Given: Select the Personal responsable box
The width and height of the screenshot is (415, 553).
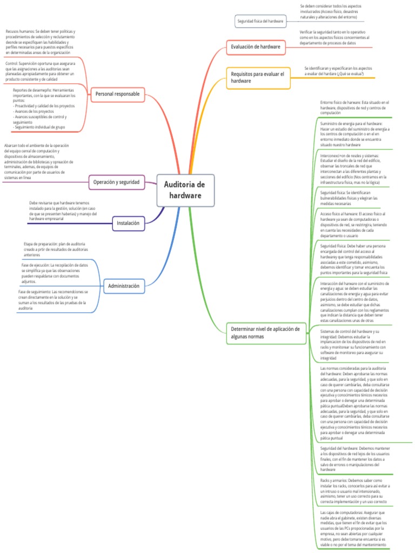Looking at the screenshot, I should pyautogui.click(x=117, y=94).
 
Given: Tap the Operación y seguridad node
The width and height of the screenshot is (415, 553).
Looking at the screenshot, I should pyautogui.click(x=116, y=182).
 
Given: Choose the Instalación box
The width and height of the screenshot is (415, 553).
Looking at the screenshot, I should pyautogui.click(x=128, y=222).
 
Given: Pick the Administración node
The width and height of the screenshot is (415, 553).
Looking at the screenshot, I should pyautogui.click(x=123, y=286).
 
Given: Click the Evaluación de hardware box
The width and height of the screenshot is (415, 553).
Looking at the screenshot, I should pyautogui.click(x=256, y=47).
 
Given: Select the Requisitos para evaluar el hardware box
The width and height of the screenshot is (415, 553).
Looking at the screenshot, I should pyautogui.click(x=257, y=77).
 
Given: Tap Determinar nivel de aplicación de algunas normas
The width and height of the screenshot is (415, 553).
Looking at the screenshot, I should pyautogui.click(x=265, y=332).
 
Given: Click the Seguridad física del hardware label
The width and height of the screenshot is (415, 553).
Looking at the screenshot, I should pyautogui.click(x=260, y=21).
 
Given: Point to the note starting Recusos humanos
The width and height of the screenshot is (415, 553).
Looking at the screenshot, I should pyautogui.click(x=40, y=42).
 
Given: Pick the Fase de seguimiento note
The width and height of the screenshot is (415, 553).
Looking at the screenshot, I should pyautogui.click(x=52, y=300).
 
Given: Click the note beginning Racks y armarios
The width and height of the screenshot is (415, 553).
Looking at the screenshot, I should pyautogui.click(x=354, y=490).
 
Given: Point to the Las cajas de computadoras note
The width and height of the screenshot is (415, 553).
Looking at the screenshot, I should pyautogui.click(x=354, y=529).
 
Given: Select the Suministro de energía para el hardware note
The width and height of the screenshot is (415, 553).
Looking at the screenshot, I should pyautogui.click(x=354, y=134).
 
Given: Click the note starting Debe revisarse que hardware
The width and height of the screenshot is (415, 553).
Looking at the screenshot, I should pyautogui.click(x=63, y=211).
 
